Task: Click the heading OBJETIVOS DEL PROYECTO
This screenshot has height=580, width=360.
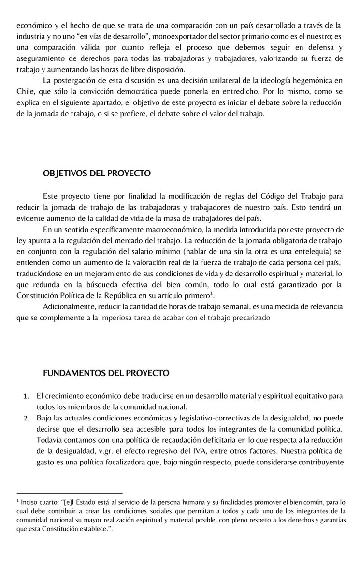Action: point(97,173)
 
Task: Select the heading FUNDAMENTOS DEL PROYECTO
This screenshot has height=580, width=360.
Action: point(106,373)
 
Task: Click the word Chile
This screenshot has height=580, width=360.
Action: point(25,91)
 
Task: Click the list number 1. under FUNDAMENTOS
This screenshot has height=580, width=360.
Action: point(27,396)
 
